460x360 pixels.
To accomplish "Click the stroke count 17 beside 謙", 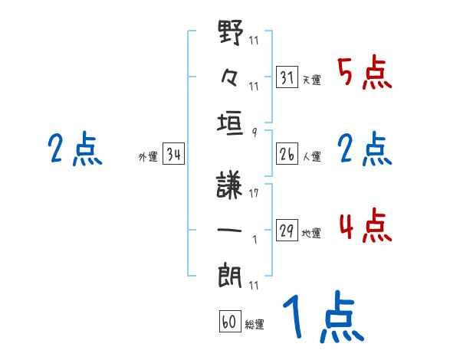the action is tap(254, 194).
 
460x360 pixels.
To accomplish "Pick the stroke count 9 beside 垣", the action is tap(254, 132).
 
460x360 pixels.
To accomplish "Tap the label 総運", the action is tap(255, 325).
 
